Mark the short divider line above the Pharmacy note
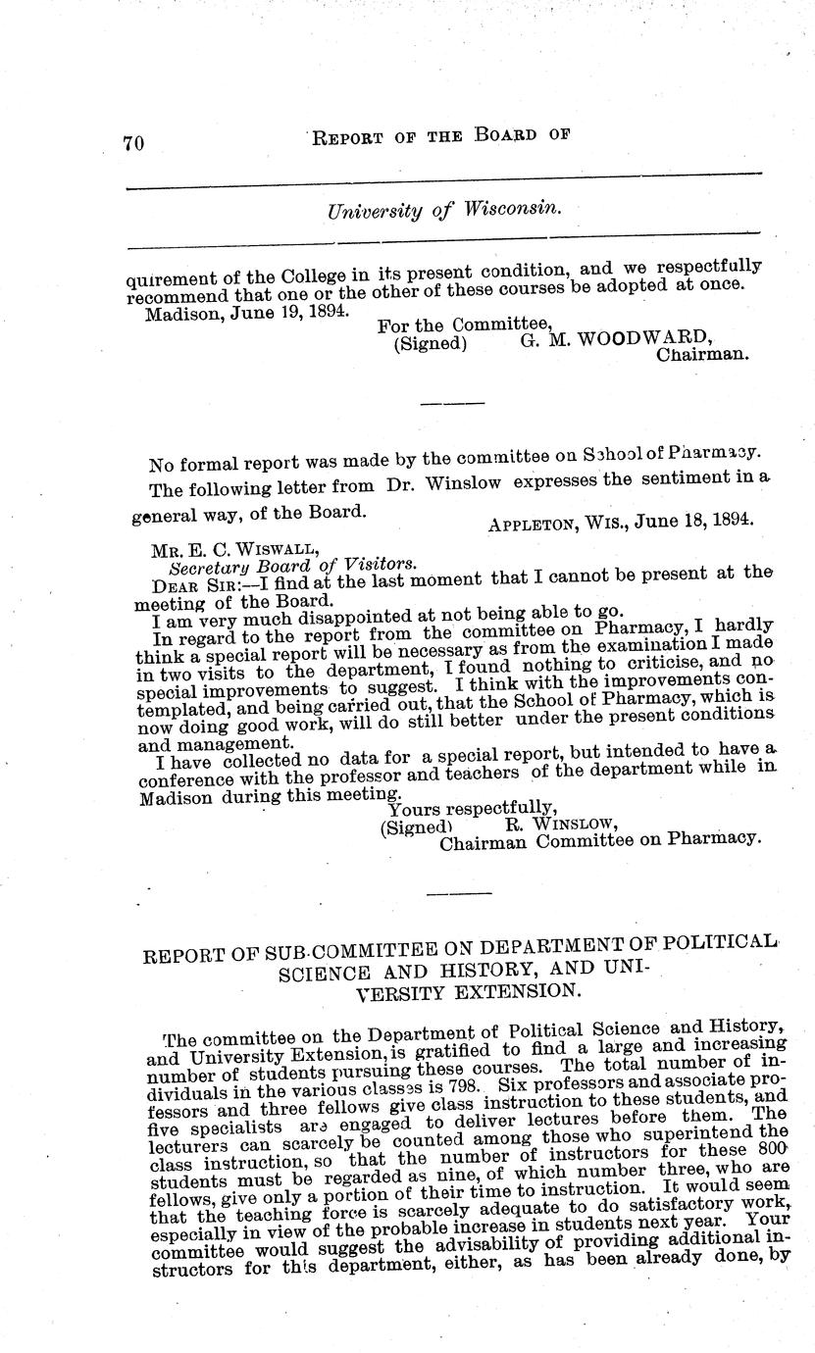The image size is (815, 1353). coord(451,403)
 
